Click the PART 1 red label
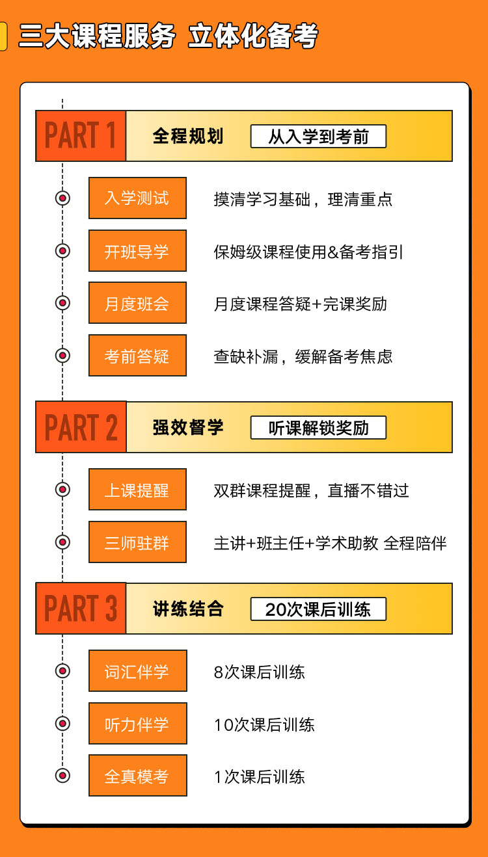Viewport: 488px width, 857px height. click(81, 136)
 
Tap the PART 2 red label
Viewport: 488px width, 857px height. click(81, 427)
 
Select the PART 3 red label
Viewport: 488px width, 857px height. click(81, 609)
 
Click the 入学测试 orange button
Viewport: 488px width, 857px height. click(137, 198)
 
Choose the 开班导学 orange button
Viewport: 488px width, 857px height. click(137, 250)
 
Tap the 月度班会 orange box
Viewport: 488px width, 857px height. click(137, 302)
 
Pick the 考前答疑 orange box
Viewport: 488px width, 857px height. click(137, 356)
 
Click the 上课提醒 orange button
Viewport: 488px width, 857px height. click(137, 490)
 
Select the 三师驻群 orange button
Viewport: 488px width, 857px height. click(137, 542)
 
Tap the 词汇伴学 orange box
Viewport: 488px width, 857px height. click(138, 670)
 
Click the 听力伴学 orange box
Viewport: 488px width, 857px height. click(138, 724)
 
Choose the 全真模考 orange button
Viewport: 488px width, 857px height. click(138, 776)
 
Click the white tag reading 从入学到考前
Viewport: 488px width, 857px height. click(318, 136)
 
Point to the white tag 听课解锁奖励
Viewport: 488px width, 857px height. click(318, 427)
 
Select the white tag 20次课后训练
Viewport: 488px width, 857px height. click(318, 609)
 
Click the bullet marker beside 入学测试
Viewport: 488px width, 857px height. click(62, 198)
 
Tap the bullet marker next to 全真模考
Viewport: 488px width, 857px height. click(62, 776)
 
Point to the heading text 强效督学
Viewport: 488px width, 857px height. click(188, 427)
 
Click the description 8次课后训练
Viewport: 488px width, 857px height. click(260, 672)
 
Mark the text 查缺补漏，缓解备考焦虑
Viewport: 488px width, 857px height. click(303, 356)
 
